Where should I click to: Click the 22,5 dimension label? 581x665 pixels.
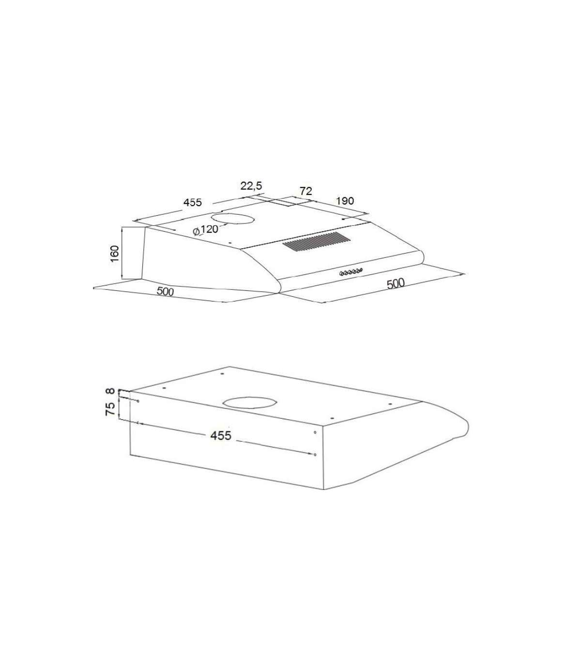pos(251,186)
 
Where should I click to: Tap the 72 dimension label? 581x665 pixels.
pos(306,191)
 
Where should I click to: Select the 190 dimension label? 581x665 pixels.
pos(344,201)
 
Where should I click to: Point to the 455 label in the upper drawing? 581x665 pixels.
pos(193,202)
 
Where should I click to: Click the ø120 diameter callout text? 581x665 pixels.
pos(205,230)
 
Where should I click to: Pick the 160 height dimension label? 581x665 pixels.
pos(115,254)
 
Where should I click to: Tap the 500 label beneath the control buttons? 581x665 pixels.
pos(396,284)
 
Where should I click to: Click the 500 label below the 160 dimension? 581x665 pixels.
pos(165,291)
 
